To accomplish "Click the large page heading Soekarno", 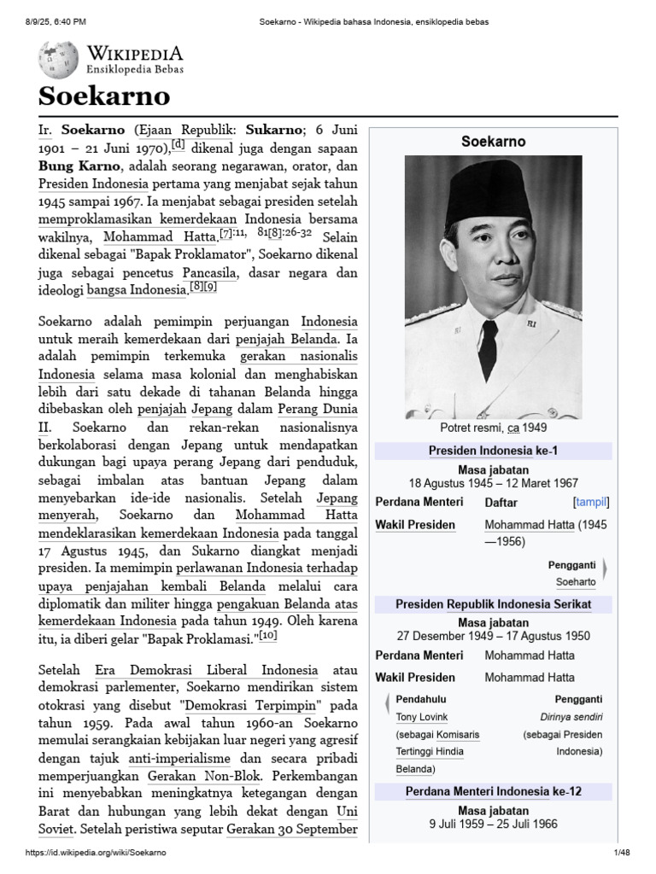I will click(x=103, y=96).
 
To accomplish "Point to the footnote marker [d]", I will click(x=179, y=144).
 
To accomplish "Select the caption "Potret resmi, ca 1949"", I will click(x=493, y=428).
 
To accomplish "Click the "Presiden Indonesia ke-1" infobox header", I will click(x=493, y=451).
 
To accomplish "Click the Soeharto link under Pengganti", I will click(x=576, y=582).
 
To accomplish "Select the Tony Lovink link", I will click(x=421, y=717).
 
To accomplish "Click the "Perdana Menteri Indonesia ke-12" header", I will click(x=493, y=791).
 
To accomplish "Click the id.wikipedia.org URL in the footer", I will click(x=96, y=853).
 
